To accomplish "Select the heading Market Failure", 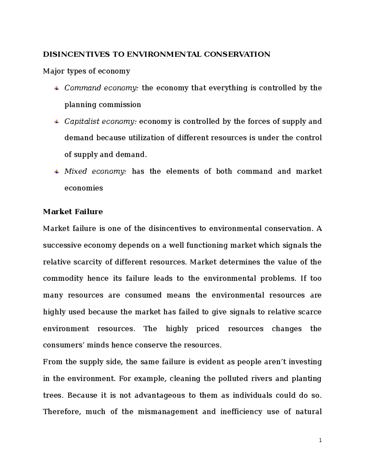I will [73, 212].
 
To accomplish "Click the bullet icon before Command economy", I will [56, 88].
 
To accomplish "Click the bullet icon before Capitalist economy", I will [56, 122].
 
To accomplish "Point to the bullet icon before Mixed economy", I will [56, 172].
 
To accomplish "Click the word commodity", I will [63, 279].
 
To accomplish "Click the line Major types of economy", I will [86, 71].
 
